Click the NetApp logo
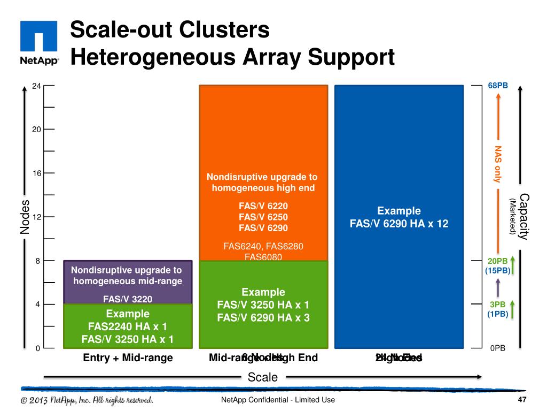[x=38, y=43]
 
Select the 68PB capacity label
[x=498, y=86]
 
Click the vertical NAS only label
[x=498, y=164]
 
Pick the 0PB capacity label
[x=498, y=348]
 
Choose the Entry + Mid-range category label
[x=128, y=358]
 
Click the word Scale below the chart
[x=263, y=377]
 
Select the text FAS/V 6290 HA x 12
[x=399, y=224]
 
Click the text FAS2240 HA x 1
[x=128, y=326]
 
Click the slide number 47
[x=522, y=400]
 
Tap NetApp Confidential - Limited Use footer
[x=278, y=400]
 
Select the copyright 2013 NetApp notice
[x=87, y=400]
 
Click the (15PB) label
[x=498, y=270]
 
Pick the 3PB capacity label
[x=498, y=305]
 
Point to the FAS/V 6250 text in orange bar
[x=263, y=217]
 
